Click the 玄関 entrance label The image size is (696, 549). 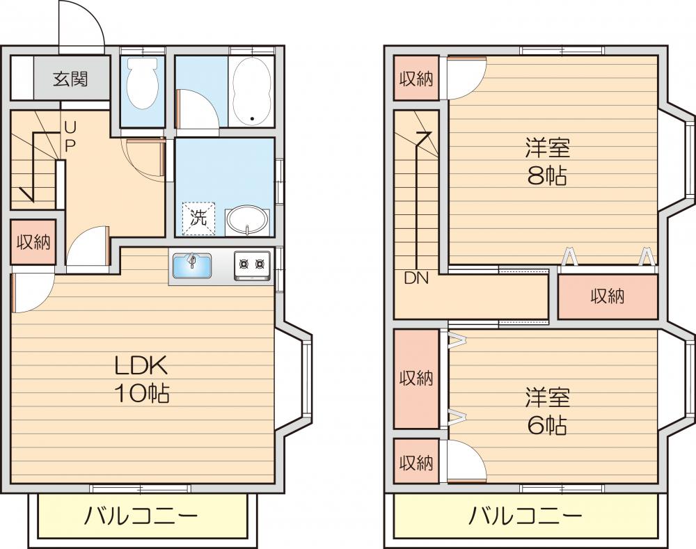tap(70, 79)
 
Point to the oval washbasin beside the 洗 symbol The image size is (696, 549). tap(247, 220)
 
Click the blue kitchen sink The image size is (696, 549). tap(191, 266)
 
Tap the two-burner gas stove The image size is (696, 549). tap(252, 265)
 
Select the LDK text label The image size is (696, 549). tap(142, 366)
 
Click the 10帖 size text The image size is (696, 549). tap(142, 394)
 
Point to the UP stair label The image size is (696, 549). tap(70, 136)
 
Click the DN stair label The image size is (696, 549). tap(416, 278)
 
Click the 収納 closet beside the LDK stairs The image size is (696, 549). tap(33, 242)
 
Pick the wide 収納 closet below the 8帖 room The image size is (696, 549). tap(608, 296)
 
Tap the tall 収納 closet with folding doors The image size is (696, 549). tap(416, 379)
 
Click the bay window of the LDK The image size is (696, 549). tap(304, 379)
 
